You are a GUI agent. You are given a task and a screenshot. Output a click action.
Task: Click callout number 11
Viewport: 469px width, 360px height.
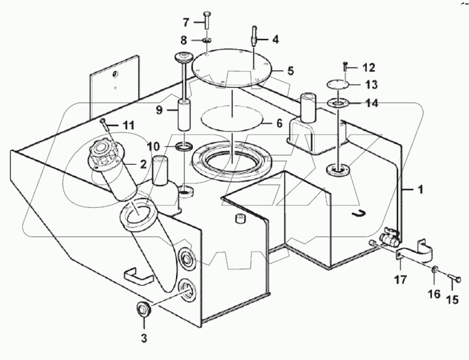(128, 125)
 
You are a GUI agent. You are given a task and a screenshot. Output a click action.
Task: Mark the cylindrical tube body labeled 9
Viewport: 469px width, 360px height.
(186, 113)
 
